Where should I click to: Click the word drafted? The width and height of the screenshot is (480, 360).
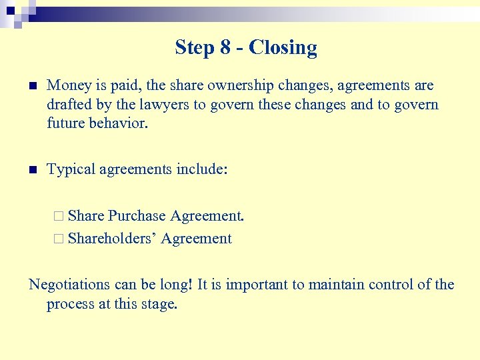click(x=68, y=105)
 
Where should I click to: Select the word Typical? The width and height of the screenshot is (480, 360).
click(x=71, y=170)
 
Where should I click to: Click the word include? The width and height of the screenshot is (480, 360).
click(x=202, y=170)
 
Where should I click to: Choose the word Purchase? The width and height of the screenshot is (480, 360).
click(x=137, y=215)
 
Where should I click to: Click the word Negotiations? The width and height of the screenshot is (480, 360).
click(x=69, y=285)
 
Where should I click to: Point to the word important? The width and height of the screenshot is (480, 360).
click(x=257, y=285)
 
